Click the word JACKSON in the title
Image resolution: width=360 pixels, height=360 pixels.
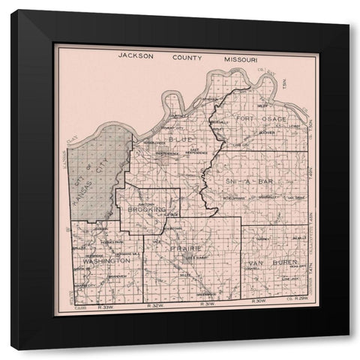(136, 56)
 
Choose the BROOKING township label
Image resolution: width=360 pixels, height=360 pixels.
(145, 209)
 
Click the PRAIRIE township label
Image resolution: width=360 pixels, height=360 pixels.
(184, 247)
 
